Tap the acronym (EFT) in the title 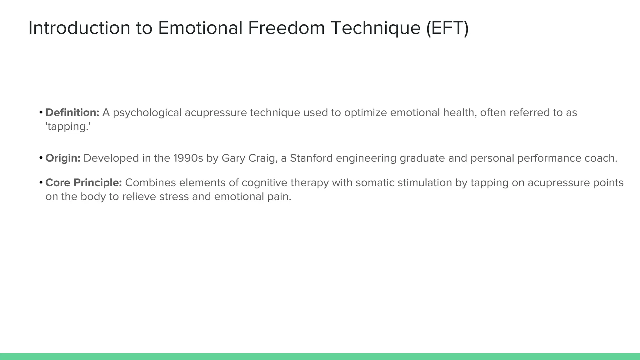[447, 28]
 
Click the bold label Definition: [72, 112]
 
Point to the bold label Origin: [63, 158]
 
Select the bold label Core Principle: [83, 183]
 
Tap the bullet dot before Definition [41, 112]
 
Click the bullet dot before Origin [41, 158]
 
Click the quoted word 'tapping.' [68, 127]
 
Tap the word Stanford [311, 158]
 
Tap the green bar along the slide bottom [320, 357]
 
